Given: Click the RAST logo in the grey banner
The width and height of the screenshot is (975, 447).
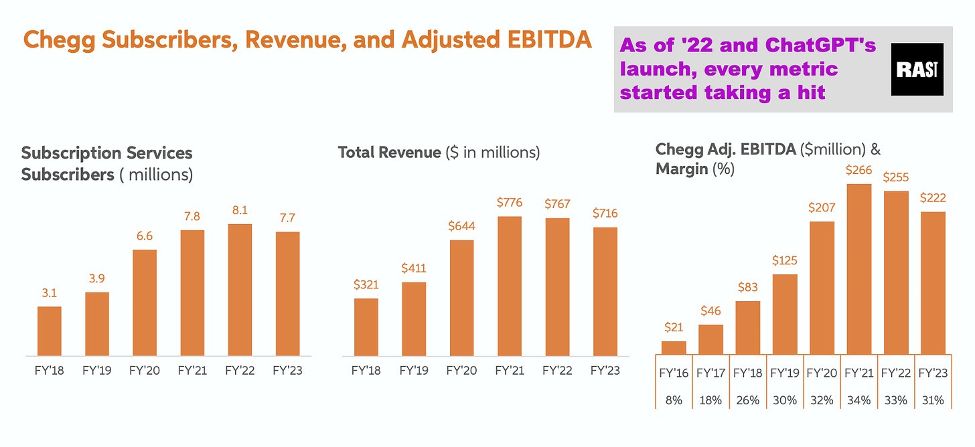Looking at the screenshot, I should click(x=917, y=70).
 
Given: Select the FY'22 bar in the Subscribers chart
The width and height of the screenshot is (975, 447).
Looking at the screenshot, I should click(x=240, y=289).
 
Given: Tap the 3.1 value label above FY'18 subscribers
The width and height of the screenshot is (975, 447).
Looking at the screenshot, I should click(x=50, y=294).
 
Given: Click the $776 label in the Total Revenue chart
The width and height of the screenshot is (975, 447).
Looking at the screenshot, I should click(x=510, y=203).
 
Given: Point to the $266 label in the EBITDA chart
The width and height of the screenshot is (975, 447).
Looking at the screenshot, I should click(x=859, y=171).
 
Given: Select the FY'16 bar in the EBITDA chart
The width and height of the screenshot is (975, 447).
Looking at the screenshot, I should click(x=674, y=347).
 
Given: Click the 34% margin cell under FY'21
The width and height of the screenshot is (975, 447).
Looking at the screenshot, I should click(x=859, y=400).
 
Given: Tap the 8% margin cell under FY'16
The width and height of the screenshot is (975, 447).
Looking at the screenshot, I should click(x=674, y=400).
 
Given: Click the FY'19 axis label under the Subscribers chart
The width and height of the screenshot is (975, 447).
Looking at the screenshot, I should click(x=97, y=371).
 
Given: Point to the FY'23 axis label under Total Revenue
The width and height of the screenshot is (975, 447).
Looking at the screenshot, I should click(x=604, y=371).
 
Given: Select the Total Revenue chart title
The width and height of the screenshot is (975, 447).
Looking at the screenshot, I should click(x=439, y=153).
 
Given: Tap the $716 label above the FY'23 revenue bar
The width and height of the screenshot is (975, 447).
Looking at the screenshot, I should click(x=604, y=213).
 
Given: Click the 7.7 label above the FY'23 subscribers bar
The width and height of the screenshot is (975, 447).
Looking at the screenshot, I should click(x=287, y=218).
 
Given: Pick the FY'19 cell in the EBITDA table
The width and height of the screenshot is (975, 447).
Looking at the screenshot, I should click(x=785, y=373).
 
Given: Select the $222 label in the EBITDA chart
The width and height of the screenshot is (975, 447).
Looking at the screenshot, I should click(x=933, y=199).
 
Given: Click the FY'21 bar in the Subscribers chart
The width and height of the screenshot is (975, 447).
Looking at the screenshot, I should click(x=192, y=292).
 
